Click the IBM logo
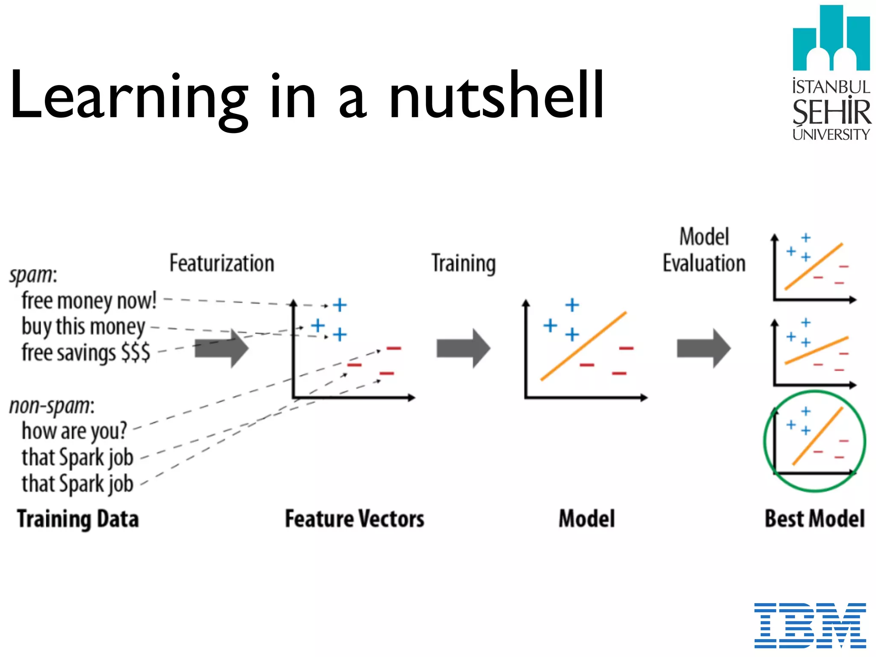[810, 625]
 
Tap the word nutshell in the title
[496, 95]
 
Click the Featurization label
[222, 263]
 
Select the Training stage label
[463, 263]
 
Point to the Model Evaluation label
[704, 250]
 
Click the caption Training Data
[78, 519]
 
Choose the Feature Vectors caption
[355, 519]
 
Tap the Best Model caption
[814, 519]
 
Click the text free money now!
[89, 301]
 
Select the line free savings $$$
[86, 353]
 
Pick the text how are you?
[74, 431]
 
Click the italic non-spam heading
[52, 405]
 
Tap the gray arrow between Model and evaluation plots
[703, 348]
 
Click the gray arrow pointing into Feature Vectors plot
[222, 348]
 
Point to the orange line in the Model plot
[583, 346]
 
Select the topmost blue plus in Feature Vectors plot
[340, 305]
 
